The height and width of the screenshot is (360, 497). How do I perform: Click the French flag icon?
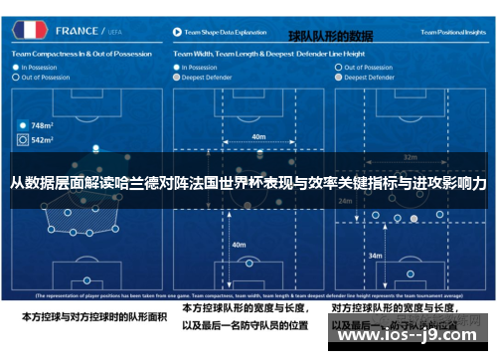30,31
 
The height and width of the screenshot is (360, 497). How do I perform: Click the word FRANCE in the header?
79,31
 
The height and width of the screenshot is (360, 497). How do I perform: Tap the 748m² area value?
42,126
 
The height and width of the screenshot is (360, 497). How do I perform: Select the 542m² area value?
42,141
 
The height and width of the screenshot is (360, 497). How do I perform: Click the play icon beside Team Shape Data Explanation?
175,32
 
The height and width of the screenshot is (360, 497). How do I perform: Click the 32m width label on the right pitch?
410,157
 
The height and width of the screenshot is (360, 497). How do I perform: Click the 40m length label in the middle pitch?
239,244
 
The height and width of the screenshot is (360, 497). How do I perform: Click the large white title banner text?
248,184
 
